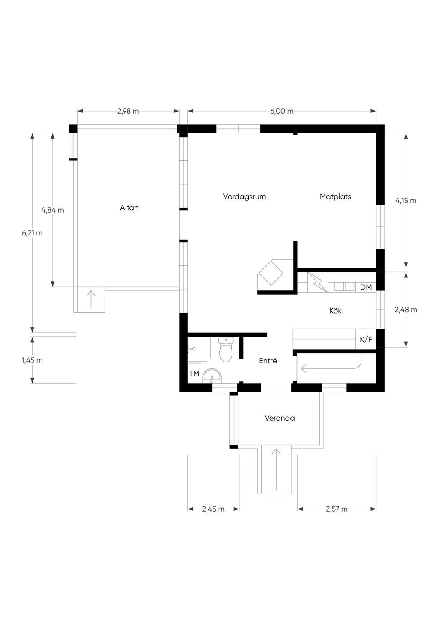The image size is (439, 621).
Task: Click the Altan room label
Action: point(129,208)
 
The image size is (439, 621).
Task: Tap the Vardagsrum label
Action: point(244,196)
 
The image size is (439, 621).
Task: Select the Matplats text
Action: point(335,196)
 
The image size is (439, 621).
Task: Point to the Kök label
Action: point(335,310)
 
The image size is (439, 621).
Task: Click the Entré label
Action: point(268,361)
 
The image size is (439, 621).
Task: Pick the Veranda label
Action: point(280,418)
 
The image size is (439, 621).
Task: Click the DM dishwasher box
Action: point(366,287)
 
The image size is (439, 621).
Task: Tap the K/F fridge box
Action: point(366,339)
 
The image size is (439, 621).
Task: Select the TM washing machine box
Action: point(195,373)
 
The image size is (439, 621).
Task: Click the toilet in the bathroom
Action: point(226,349)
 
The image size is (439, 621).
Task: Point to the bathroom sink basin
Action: point(212,376)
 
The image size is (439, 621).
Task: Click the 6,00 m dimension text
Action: point(282,111)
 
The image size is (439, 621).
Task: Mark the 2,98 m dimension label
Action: point(128,111)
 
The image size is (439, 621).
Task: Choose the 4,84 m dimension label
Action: point(53,210)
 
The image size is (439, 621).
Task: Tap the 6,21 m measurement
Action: point(32,233)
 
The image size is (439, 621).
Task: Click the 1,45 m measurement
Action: point(32,360)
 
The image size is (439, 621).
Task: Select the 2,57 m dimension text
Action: point(337,509)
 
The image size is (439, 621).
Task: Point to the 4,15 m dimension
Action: point(406,200)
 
